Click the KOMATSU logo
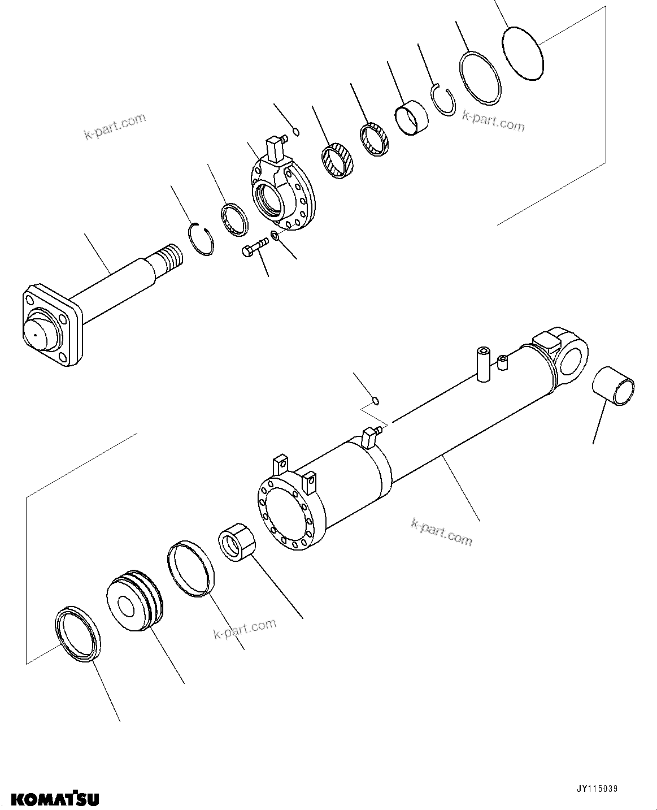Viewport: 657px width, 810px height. pyautogui.click(x=55, y=799)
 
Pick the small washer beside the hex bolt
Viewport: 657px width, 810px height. pyautogui.click(x=275, y=235)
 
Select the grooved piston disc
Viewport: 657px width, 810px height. pyautogui.click(x=134, y=600)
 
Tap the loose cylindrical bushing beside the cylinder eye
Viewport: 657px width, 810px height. pyautogui.click(x=613, y=385)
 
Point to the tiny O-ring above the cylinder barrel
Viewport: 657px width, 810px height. pyautogui.click(x=375, y=401)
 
